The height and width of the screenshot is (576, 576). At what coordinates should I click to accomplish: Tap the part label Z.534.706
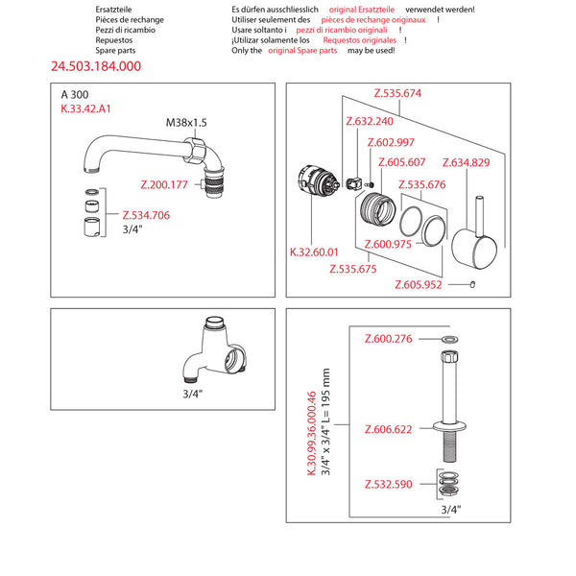pyautogui.click(x=146, y=215)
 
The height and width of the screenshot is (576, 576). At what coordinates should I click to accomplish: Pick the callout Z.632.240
pyautogui.click(x=369, y=122)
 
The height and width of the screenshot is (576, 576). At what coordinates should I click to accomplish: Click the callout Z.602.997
pyautogui.click(x=391, y=142)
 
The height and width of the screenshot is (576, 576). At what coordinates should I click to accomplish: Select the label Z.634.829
pyautogui.click(x=466, y=162)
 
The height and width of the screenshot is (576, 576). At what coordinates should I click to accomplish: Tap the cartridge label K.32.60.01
pyautogui.click(x=315, y=252)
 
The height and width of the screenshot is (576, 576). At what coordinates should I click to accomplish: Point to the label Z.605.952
pyautogui.click(x=419, y=284)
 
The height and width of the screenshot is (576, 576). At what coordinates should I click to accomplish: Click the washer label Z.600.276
pyautogui.click(x=388, y=339)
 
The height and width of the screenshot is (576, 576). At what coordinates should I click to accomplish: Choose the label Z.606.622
pyautogui.click(x=388, y=429)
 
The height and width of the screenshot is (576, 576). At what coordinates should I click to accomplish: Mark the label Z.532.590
pyautogui.click(x=388, y=484)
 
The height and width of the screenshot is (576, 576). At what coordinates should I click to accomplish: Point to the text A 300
pyautogui.click(x=73, y=95)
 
